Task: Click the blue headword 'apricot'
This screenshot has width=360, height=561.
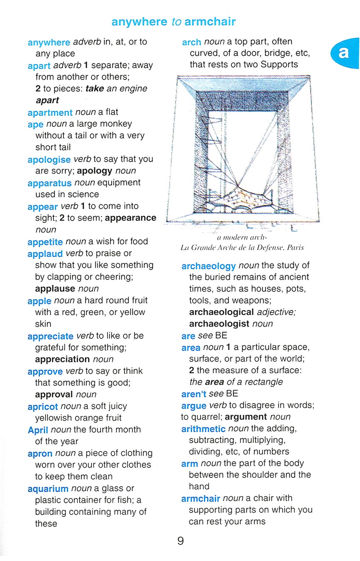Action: (x=42, y=407)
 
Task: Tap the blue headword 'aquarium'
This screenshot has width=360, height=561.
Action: (x=48, y=489)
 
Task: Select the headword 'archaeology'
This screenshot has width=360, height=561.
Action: (x=208, y=266)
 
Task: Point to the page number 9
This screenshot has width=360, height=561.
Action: (x=181, y=541)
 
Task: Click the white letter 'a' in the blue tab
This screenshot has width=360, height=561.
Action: (x=343, y=53)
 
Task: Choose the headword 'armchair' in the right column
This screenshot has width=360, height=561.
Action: (x=201, y=499)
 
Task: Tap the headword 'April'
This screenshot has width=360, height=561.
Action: (x=38, y=430)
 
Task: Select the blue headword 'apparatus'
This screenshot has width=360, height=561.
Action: (x=49, y=183)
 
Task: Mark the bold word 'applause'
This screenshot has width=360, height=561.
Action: (x=55, y=289)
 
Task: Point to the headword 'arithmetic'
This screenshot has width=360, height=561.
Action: (x=203, y=429)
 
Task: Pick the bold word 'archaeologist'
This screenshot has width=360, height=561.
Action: (x=219, y=324)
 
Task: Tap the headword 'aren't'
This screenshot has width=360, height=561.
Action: (x=194, y=394)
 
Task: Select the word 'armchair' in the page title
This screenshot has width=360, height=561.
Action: (x=210, y=22)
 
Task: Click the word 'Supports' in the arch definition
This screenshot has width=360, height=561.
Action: (x=279, y=64)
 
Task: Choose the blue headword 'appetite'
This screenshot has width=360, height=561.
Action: (x=45, y=242)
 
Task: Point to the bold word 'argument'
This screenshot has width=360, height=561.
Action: (x=246, y=417)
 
